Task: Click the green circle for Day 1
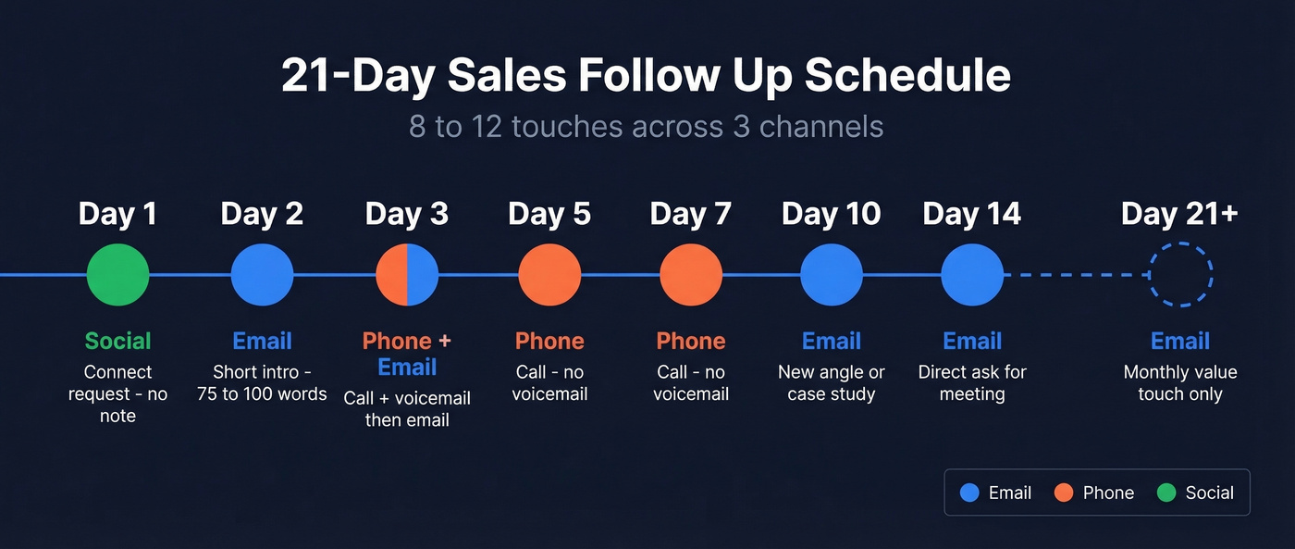point(117,275)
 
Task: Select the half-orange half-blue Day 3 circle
point(407,275)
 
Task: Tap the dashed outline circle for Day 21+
point(1180,275)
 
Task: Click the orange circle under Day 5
point(549,275)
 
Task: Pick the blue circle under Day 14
point(972,275)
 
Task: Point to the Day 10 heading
point(831,215)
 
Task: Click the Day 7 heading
point(690,215)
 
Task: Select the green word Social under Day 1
point(117,341)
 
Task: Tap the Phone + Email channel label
point(407,354)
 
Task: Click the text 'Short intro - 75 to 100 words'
point(262,383)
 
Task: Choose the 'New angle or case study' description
point(831,383)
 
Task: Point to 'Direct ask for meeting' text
point(972,383)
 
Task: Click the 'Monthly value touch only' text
point(1180,383)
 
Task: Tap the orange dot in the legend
point(1065,493)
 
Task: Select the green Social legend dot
point(1167,493)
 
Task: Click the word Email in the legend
point(1009,493)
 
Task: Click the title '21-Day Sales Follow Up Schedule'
point(646,76)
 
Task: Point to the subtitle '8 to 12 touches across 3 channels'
point(646,126)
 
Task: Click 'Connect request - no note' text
point(117,394)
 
